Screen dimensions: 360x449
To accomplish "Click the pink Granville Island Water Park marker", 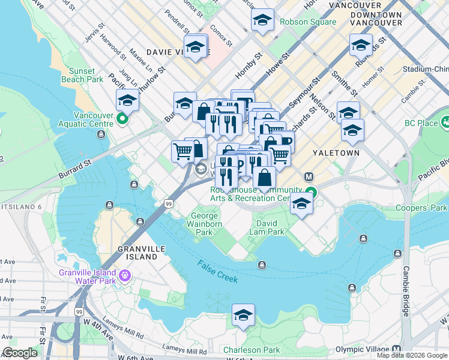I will [125, 276].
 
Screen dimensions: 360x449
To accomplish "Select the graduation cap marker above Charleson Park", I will [243, 315].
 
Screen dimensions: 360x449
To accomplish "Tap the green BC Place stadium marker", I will [445, 122].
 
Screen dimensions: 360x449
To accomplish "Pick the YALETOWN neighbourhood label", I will [336, 153].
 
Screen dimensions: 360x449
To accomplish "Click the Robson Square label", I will [307, 22].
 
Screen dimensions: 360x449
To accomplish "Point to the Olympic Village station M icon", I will [396, 350].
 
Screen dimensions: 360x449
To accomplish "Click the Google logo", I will [20, 353].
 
